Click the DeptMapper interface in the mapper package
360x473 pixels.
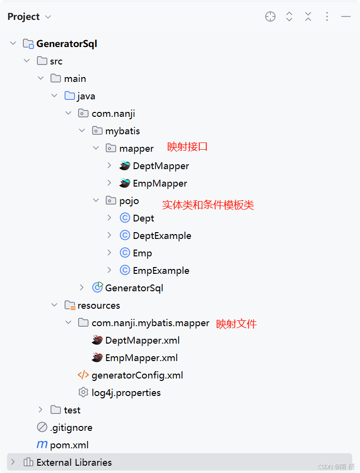point(160,166)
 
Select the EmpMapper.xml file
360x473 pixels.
point(141,358)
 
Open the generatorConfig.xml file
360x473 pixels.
point(137,375)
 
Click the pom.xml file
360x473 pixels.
point(69,445)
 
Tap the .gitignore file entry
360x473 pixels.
point(71,427)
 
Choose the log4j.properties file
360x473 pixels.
point(126,393)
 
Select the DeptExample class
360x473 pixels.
point(162,236)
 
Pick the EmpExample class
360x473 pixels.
point(161,270)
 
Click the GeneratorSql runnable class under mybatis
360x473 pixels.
point(134,288)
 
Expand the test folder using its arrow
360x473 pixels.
point(41,410)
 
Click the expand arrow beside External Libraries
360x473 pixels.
point(13,462)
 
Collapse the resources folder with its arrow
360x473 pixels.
point(54,305)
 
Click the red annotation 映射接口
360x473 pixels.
point(188,147)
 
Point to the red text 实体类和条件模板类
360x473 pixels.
point(208,205)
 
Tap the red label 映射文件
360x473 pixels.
point(236,324)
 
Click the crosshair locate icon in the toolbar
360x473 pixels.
point(270,17)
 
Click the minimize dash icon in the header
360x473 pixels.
point(345,17)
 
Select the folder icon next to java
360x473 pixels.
point(70,96)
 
